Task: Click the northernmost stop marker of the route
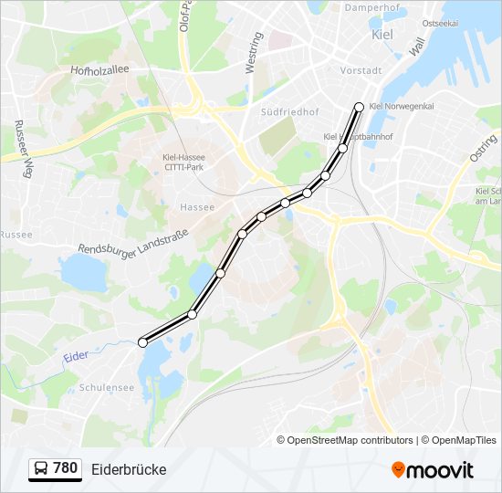click(359, 108)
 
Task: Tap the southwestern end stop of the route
click(142, 342)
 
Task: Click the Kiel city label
click(381, 34)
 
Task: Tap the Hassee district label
click(196, 207)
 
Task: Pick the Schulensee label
click(107, 387)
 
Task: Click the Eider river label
click(77, 356)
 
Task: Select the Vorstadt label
click(359, 70)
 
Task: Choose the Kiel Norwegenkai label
click(403, 107)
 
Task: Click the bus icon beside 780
click(41, 469)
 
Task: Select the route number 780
click(66, 468)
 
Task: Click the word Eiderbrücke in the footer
click(129, 469)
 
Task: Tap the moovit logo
click(433, 469)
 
